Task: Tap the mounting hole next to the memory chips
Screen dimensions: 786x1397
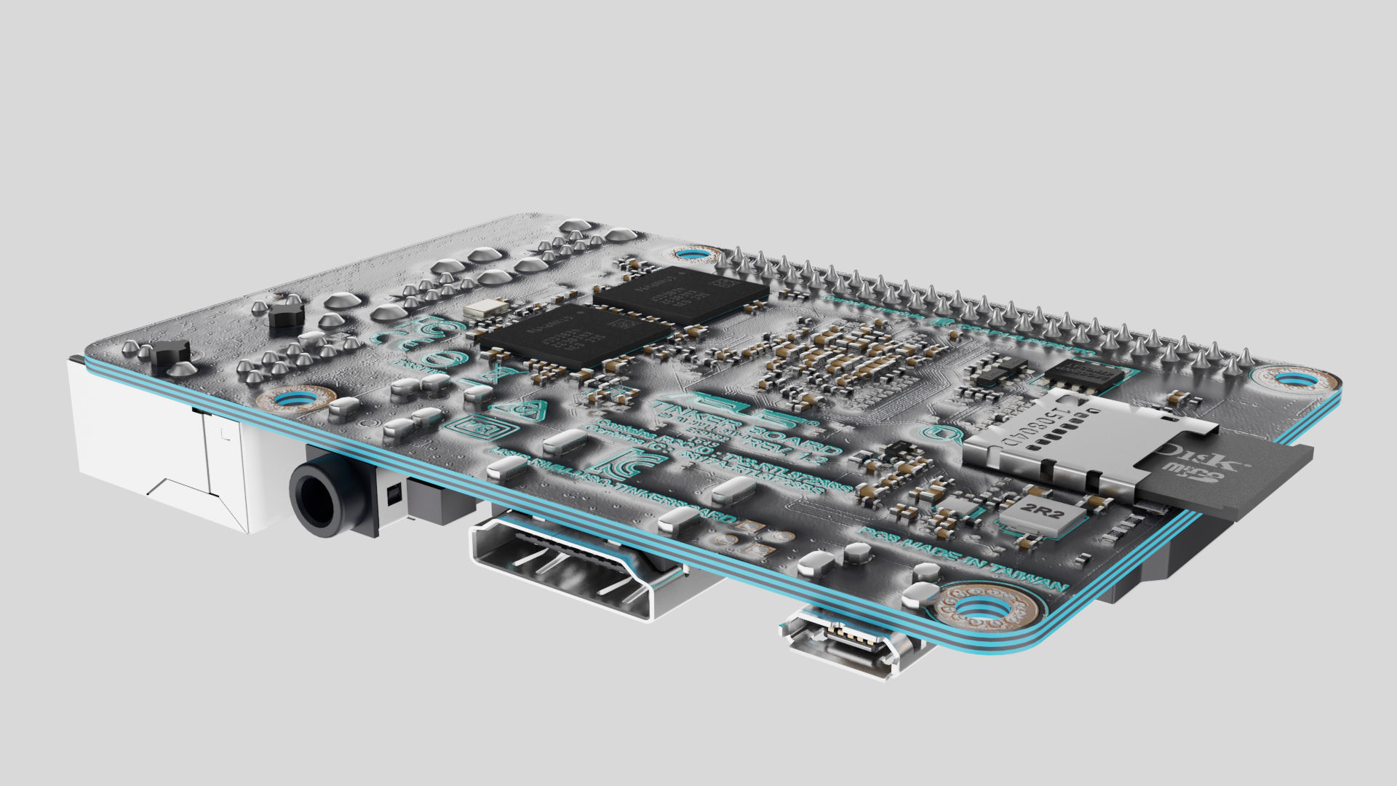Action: pyautogui.click(x=688, y=255)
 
